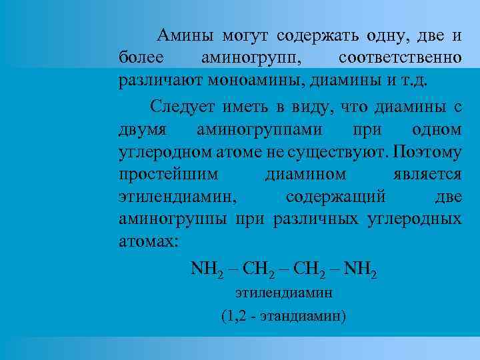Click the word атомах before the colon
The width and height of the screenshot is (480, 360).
[x=146, y=242]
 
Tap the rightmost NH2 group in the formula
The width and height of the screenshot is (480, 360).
[x=361, y=269]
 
